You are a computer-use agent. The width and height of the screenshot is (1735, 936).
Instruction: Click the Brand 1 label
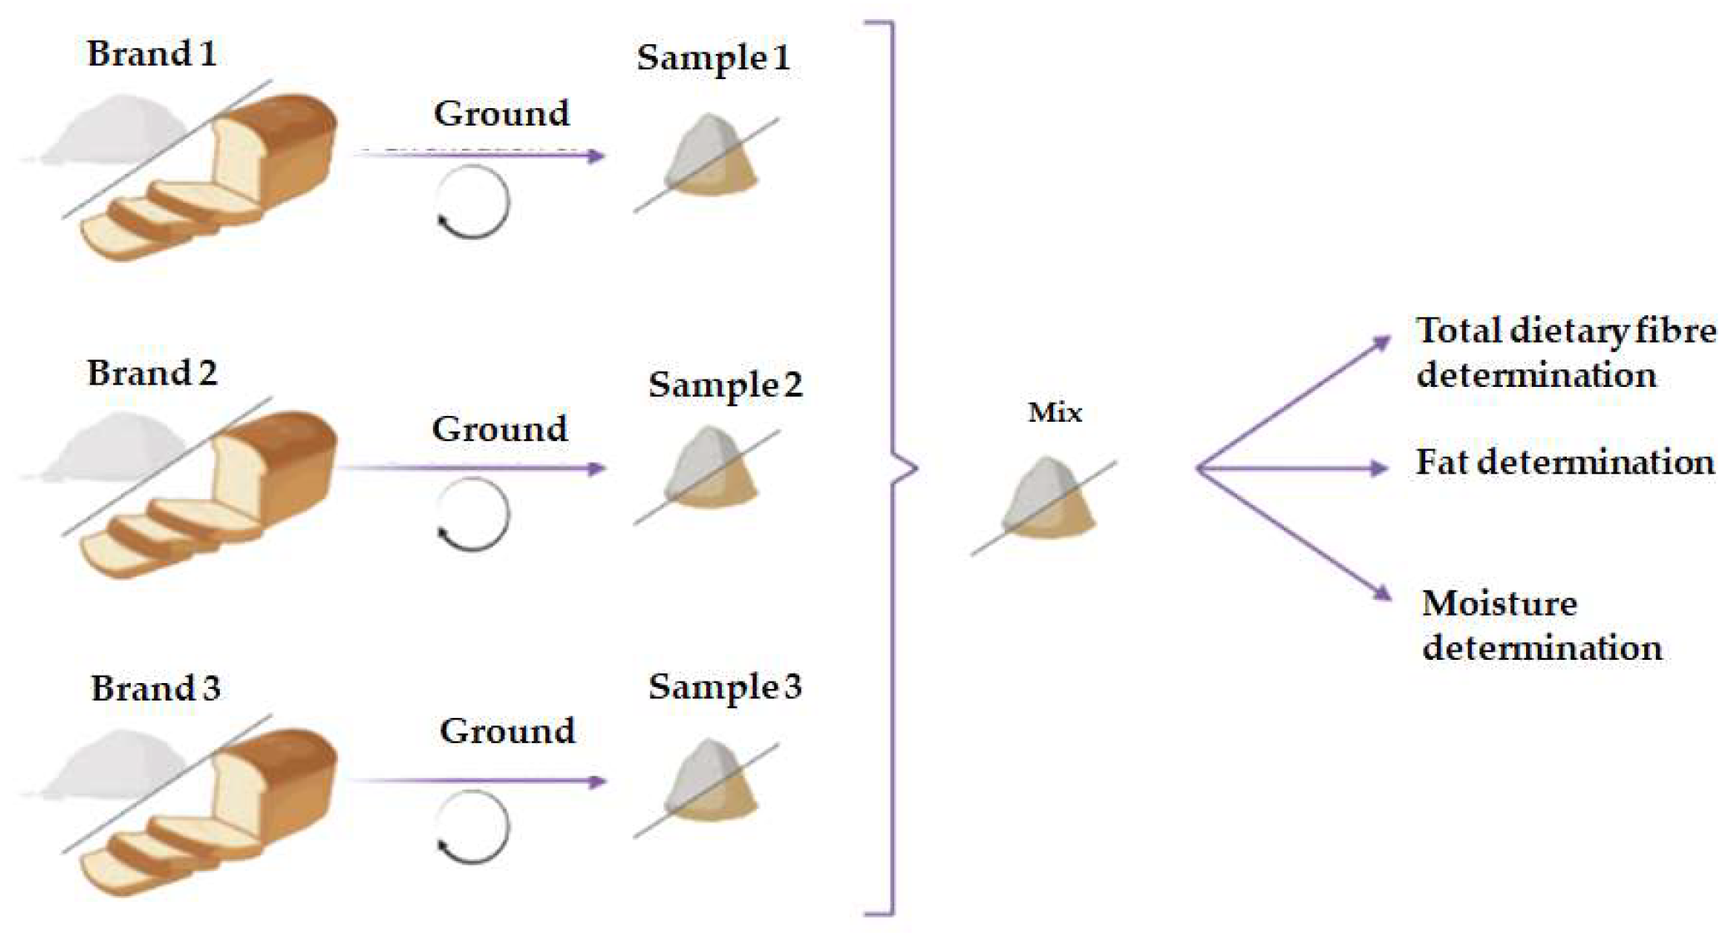pyautogui.click(x=152, y=54)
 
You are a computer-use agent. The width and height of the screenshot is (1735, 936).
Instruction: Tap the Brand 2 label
pyautogui.click(x=152, y=373)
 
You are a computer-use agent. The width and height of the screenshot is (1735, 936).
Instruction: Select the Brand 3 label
pyautogui.click(x=156, y=689)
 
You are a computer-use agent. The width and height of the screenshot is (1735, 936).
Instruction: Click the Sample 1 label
pyautogui.click(x=713, y=58)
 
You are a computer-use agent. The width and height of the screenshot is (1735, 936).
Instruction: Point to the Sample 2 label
pyautogui.click(x=725, y=385)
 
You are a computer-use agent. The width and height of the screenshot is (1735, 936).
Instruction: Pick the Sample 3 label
pyautogui.click(x=725, y=687)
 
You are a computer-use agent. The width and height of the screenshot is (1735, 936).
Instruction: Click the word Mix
pyautogui.click(x=1055, y=413)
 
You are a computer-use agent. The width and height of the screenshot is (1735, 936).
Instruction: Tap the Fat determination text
pyautogui.click(x=1565, y=463)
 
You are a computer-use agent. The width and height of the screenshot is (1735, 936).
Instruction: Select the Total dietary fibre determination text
pyautogui.click(x=1565, y=353)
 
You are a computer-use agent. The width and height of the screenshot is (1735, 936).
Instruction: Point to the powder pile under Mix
pyautogui.click(x=1046, y=500)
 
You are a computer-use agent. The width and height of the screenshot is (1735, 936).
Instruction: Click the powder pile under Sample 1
pyautogui.click(x=709, y=157)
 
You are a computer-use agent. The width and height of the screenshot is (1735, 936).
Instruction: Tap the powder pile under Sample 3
pyautogui.click(x=709, y=782)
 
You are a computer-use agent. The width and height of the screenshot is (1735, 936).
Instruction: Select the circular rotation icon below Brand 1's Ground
pyautogui.click(x=472, y=202)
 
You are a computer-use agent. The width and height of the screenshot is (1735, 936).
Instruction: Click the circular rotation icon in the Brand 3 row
pyautogui.click(x=472, y=827)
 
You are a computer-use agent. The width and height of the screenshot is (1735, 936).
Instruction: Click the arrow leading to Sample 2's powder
pyautogui.click(x=475, y=468)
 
